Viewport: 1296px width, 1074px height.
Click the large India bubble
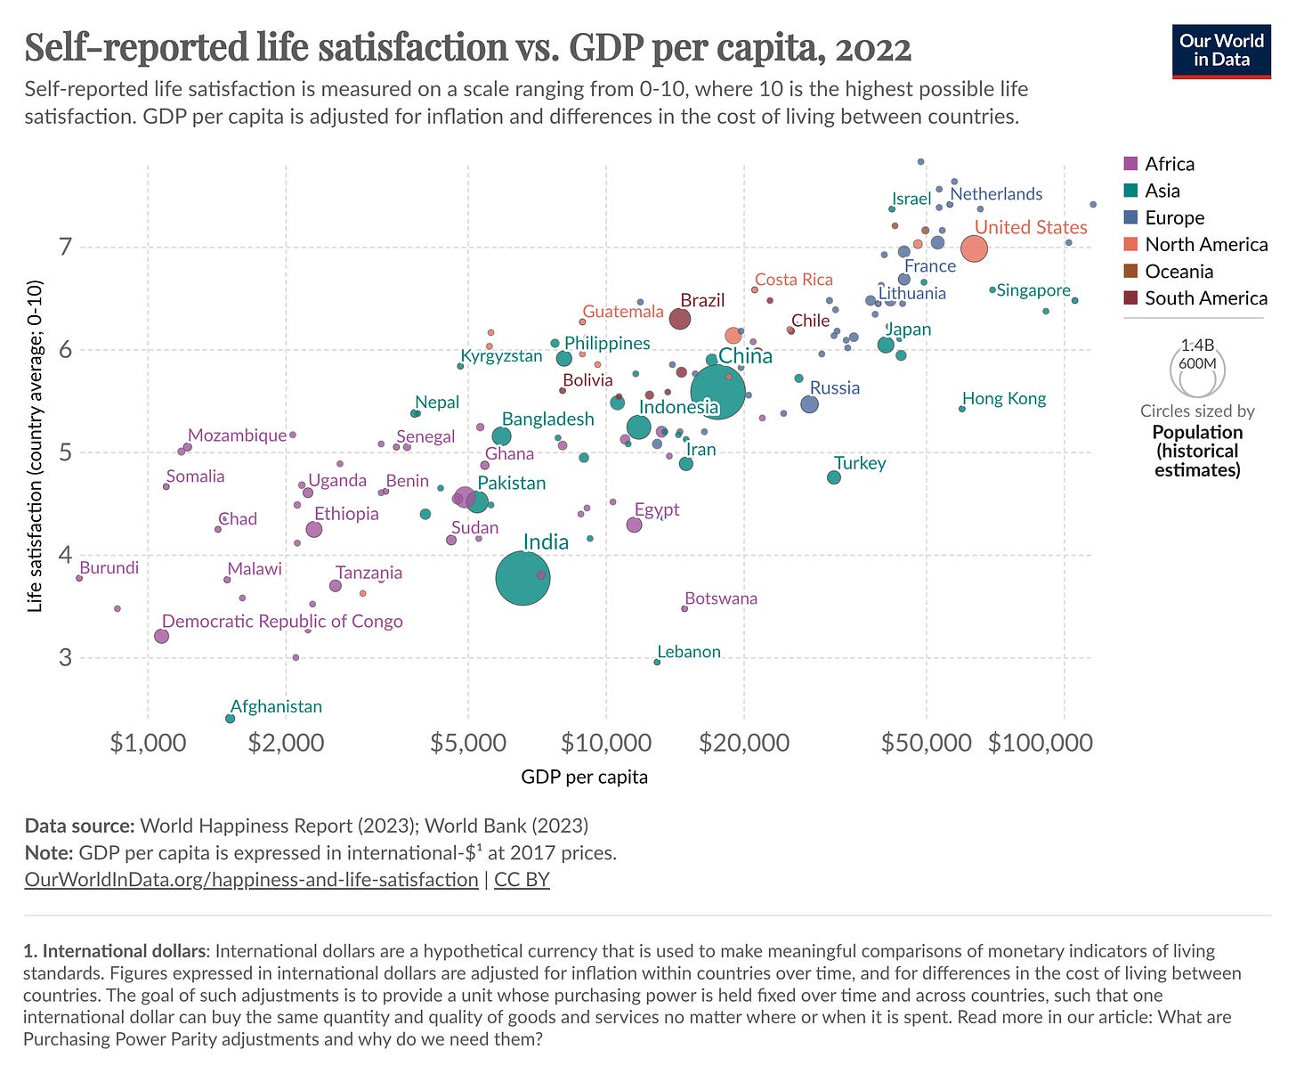pos(522,579)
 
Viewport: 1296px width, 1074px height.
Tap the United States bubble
pos(974,248)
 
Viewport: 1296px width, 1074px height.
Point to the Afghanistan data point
pos(230,718)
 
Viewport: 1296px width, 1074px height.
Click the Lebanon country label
pos(689,652)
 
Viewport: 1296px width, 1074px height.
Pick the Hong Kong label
pos(1004,399)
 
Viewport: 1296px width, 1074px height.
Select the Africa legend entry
pos(1170,164)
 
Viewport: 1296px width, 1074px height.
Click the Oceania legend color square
pos(1131,272)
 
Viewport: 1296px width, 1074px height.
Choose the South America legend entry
pos(1205,298)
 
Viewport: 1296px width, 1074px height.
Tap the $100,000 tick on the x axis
pos(1040,742)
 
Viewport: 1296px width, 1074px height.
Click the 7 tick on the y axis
pos(64,248)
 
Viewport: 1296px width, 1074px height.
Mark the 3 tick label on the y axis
pos(64,658)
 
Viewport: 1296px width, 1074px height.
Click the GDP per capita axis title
pos(585,777)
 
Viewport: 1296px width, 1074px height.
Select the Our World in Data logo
pos(1221,51)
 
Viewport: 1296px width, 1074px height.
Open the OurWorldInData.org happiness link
pos(251,880)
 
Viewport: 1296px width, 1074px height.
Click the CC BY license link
pos(522,880)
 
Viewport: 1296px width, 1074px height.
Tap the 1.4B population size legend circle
pos(1198,370)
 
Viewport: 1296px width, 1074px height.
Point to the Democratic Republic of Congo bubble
pos(161,636)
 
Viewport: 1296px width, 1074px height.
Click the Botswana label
pos(721,598)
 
